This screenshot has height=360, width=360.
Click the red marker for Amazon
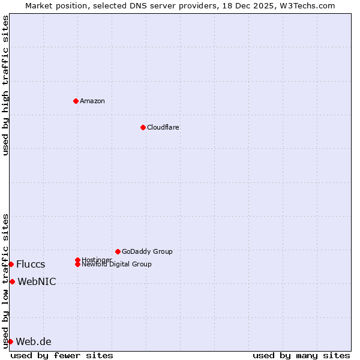[x=76, y=101]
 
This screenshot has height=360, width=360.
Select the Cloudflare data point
[x=143, y=127]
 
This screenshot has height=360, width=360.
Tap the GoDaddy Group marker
[x=118, y=251]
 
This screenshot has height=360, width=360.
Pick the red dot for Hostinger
[x=77, y=260]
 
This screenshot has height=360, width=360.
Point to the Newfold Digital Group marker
[x=78, y=264]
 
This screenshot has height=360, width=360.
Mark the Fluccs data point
[x=11, y=264]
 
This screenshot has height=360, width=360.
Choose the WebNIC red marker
[x=12, y=281]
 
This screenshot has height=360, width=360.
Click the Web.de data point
[x=10, y=341]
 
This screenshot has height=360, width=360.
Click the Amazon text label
[x=92, y=101]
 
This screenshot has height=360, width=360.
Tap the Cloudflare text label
[x=163, y=127]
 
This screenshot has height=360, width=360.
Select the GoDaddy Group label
[x=147, y=251]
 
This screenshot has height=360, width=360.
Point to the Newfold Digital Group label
[x=117, y=265]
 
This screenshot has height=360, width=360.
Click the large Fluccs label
[x=31, y=264]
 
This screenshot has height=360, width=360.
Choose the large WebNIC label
[x=37, y=281]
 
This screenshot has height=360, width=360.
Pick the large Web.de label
[x=34, y=341]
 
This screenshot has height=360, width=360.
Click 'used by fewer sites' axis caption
[x=62, y=355]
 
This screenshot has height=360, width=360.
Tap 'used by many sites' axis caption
[x=301, y=355]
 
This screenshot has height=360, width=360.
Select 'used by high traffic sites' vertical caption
[x=5, y=85]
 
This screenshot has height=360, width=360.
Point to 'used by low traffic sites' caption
[x=5, y=281]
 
